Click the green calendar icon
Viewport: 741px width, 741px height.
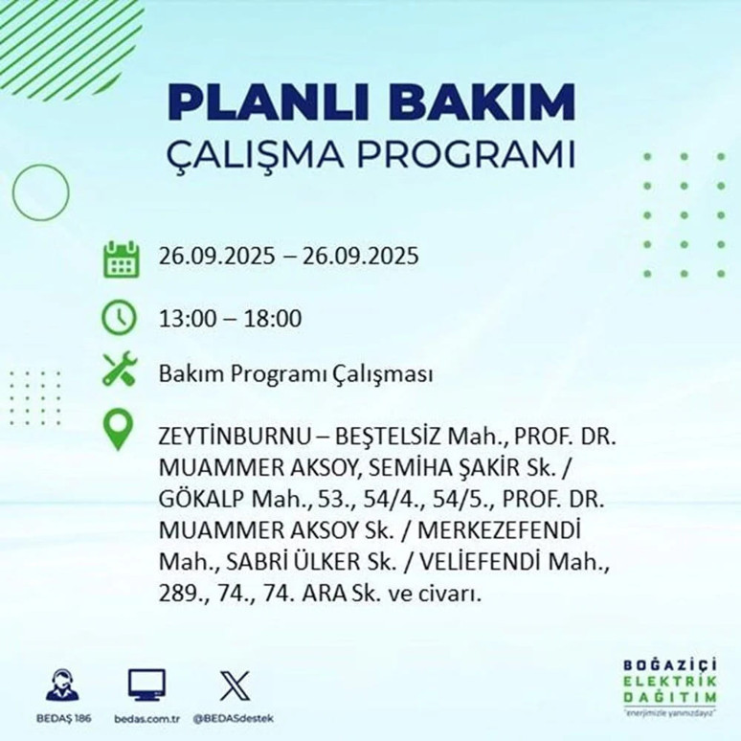point(122,259)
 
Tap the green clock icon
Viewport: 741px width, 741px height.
point(120,317)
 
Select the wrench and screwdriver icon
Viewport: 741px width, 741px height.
point(120,371)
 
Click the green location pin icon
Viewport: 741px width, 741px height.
point(119,430)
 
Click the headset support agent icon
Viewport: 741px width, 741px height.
point(64,685)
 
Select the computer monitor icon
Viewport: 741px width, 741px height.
point(146,684)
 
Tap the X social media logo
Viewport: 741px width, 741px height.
point(234,685)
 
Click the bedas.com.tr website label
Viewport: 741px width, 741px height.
point(146,718)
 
